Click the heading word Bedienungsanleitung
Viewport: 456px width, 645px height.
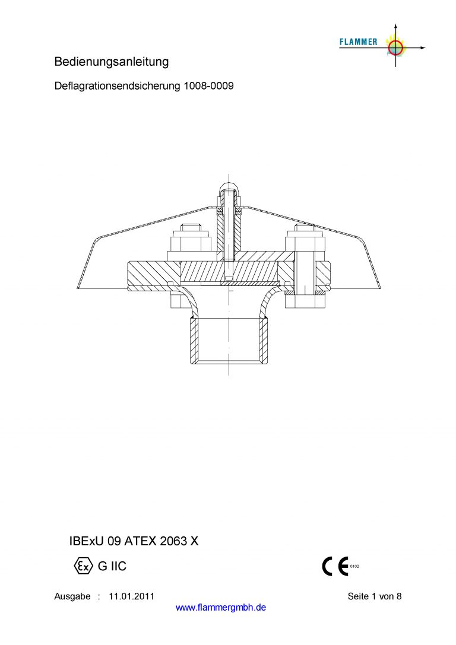112,62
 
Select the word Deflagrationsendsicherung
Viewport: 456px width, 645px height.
118,86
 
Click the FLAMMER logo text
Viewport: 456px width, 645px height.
359,42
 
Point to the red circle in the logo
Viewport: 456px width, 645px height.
396,47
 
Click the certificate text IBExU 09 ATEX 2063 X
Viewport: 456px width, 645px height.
134,541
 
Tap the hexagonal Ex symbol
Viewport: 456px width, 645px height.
83,566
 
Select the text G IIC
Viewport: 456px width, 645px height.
112,566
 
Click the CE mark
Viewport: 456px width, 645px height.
335,567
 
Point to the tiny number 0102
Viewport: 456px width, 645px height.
354,567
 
